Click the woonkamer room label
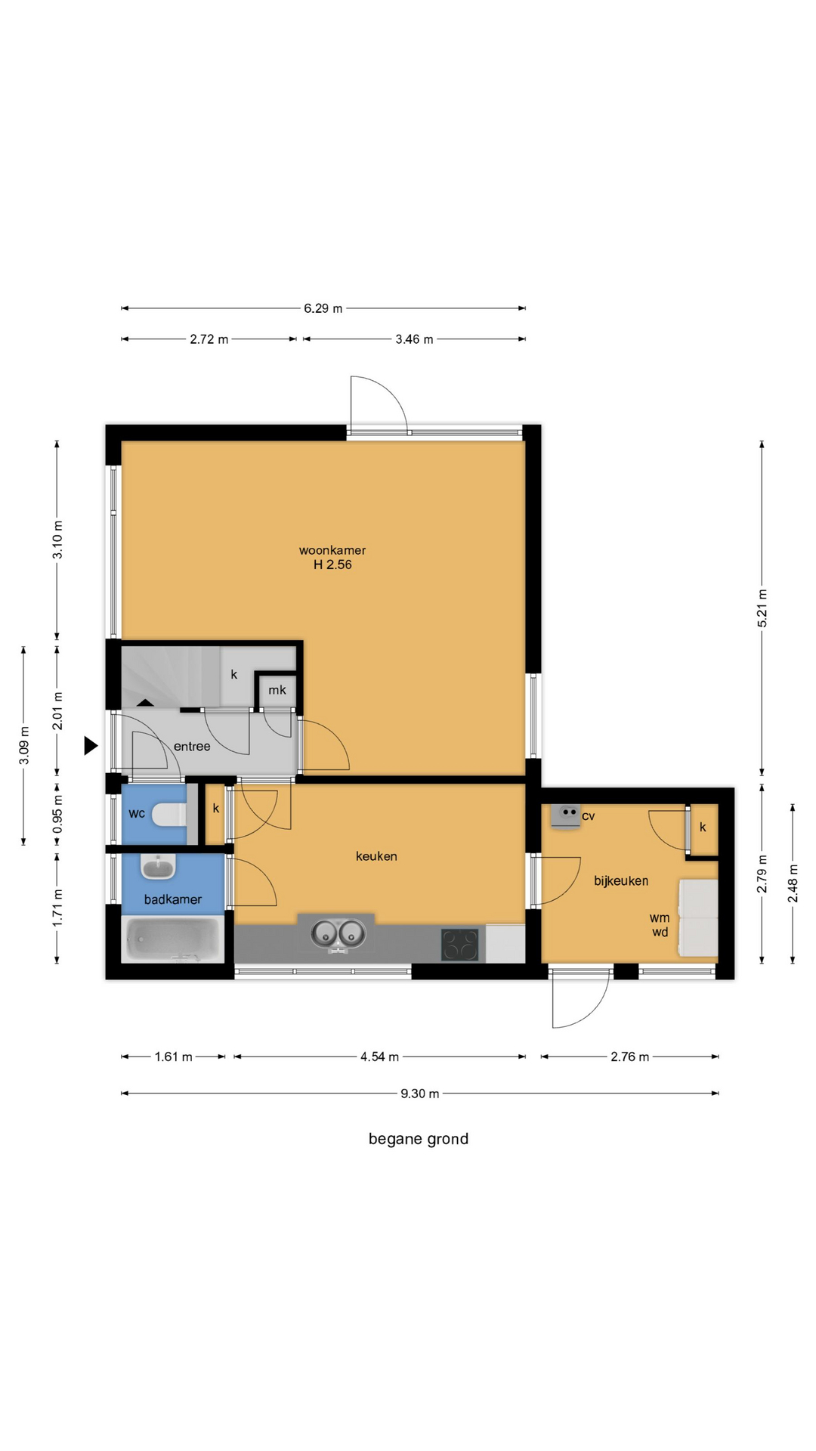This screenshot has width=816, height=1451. coord(332,550)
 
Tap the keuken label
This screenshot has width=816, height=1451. coord(376,856)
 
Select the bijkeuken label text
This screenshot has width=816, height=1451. coord(621,881)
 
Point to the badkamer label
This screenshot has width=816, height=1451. coord(173,899)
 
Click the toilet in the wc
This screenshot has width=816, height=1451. coord(168,815)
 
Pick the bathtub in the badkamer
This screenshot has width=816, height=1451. coord(173,939)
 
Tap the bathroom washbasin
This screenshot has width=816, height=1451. coord(158,868)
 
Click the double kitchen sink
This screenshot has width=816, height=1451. coord(338,935)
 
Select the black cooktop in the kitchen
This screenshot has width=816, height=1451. coord(460,945)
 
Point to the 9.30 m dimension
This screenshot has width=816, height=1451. coord(419,1094)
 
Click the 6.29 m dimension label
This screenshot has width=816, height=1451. coord(323,308)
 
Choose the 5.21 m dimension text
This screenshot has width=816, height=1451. coord(762,608)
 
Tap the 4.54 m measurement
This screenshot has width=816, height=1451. coord(379,1057)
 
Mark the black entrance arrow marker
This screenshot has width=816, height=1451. coord(91,746)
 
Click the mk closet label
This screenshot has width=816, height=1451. coord(277,690)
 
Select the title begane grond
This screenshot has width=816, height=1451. coord(419,1139)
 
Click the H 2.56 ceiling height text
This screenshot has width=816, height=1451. coord(332,565)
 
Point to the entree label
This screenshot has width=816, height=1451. coord(192,747)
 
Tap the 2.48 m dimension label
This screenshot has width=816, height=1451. coord(793,883)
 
